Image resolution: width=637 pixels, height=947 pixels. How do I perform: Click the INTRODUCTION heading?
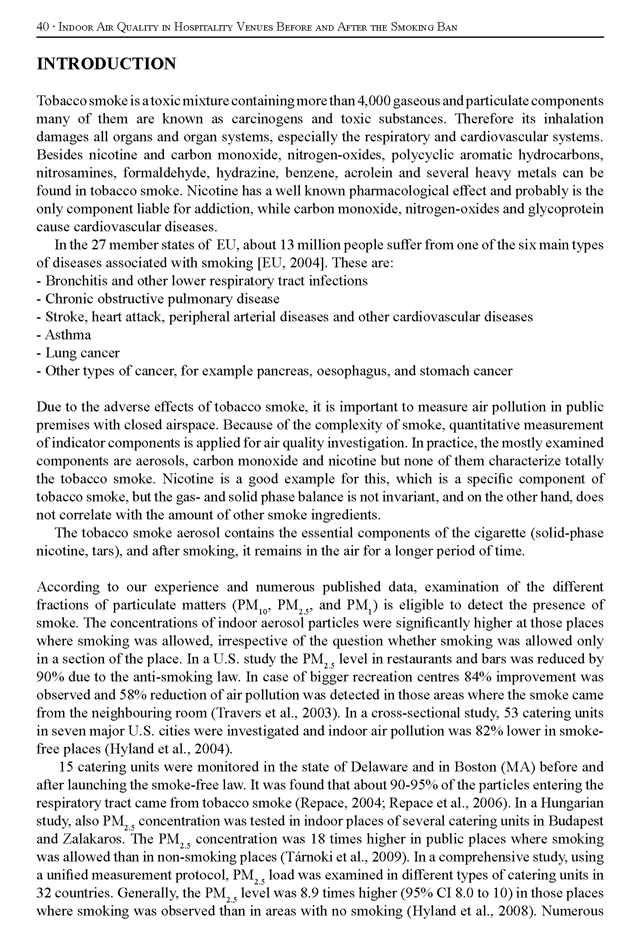(x=106, y=64)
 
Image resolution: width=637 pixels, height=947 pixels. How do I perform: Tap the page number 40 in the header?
(x=42, y=27)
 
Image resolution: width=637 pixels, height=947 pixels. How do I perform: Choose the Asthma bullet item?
(x=68, y=335)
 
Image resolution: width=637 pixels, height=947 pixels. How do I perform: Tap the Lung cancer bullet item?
(x=82, y=353)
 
